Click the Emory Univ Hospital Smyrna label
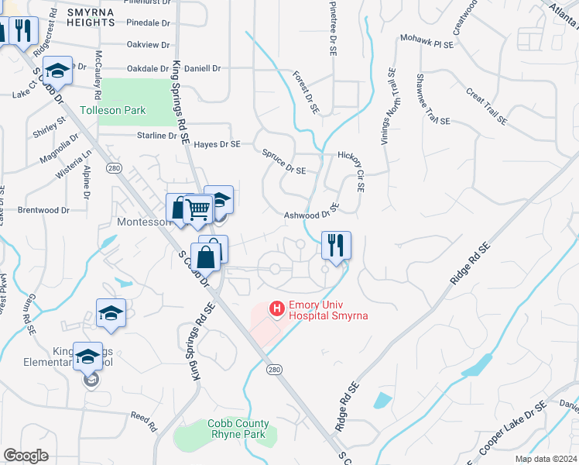[x=327, y=310]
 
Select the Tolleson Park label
[x=112, y=111]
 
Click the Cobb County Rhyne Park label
[x=238, y=429]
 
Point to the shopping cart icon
[x=199, y=207]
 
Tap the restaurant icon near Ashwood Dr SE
[x=336, y=246]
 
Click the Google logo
[x=26, y=456]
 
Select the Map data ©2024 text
[x=546, y=459]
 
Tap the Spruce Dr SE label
[x=284, y=162]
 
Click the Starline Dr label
[x=156, y=136]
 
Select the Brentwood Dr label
[x=43, y=210]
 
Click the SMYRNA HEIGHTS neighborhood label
[x=101, y=18]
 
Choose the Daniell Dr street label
[x=203, y=68]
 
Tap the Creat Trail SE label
[x=485, y=106]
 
